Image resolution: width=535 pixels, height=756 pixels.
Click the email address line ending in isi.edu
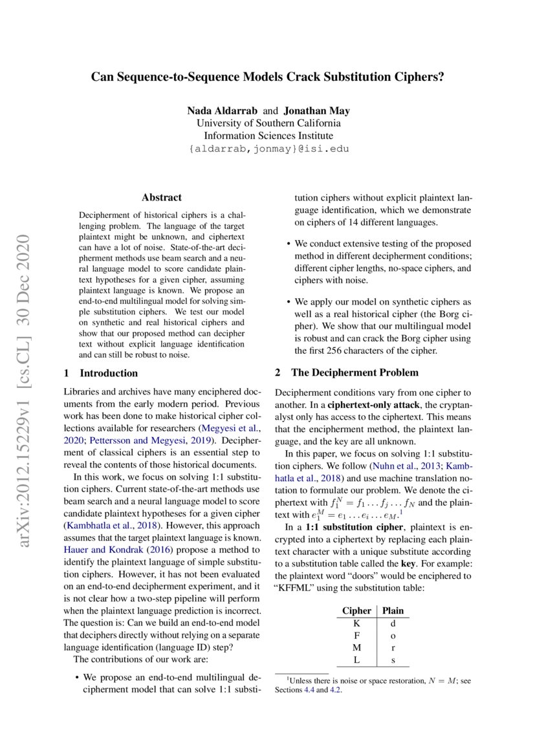tap(268, 149)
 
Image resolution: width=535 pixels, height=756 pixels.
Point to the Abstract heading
tap(161, 197)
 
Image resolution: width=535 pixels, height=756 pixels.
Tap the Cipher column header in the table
tap(356, 610)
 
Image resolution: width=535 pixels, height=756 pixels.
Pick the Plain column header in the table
tap(393, 610)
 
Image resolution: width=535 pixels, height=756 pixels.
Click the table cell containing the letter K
tap(356, 623)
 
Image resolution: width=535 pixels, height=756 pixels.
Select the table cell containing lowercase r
tap(393, 648)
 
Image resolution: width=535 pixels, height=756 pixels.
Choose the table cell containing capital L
tap(356, 660)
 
